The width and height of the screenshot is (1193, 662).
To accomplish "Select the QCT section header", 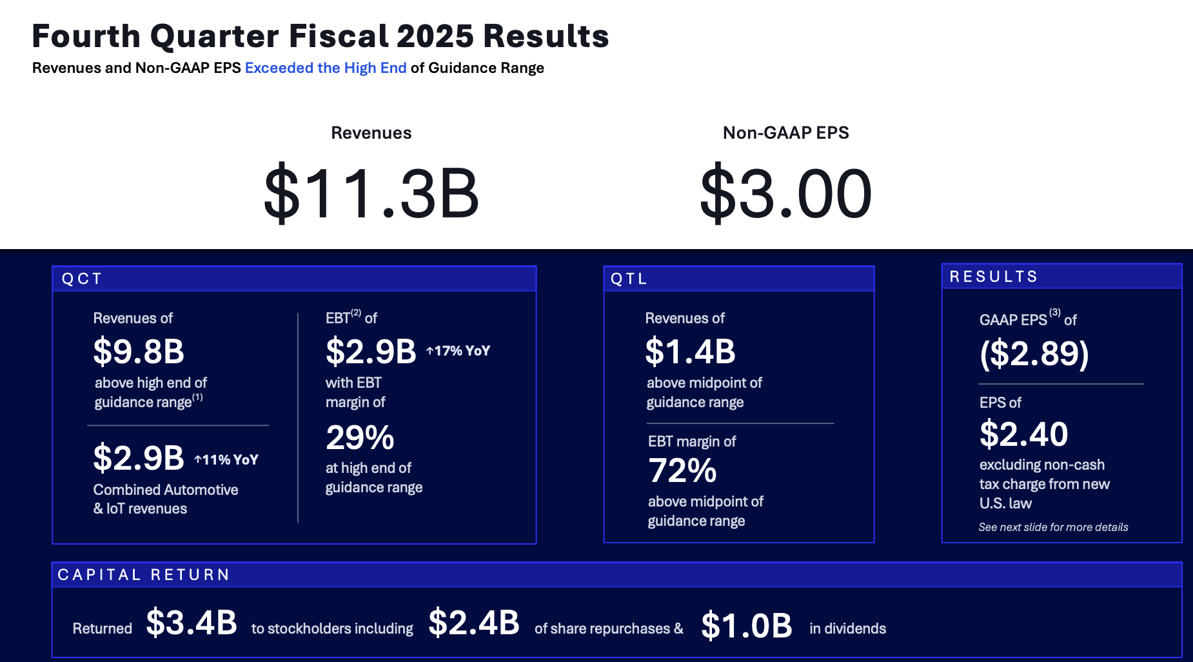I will pos(82,279).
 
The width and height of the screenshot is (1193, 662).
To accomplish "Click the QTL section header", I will pos(629,279).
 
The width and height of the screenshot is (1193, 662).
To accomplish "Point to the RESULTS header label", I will pos(994,277).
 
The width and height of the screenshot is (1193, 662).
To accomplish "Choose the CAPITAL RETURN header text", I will pos(144,575).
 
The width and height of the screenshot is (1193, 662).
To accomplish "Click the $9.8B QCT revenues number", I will pos(139,352).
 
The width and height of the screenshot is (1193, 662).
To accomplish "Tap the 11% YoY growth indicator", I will pos(226,460).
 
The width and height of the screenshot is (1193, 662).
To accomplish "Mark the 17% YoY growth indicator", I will pos(458,351).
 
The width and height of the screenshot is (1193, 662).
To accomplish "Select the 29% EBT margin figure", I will pos(360,438).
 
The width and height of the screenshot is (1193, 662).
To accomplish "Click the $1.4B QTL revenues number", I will pos(690,352).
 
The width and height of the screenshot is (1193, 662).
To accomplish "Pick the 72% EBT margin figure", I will pos(682,471).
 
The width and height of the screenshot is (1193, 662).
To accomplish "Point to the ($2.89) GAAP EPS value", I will pos(1034,354).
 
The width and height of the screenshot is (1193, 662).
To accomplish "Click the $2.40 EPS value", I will pos(1023,434).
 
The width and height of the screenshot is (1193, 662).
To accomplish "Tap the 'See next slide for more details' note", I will pos(1053,527).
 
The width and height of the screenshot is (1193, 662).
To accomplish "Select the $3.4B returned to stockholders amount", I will pos(192,623).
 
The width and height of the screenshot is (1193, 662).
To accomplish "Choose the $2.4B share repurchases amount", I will pos(474,623).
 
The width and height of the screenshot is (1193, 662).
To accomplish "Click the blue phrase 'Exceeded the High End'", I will pos(326,68).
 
